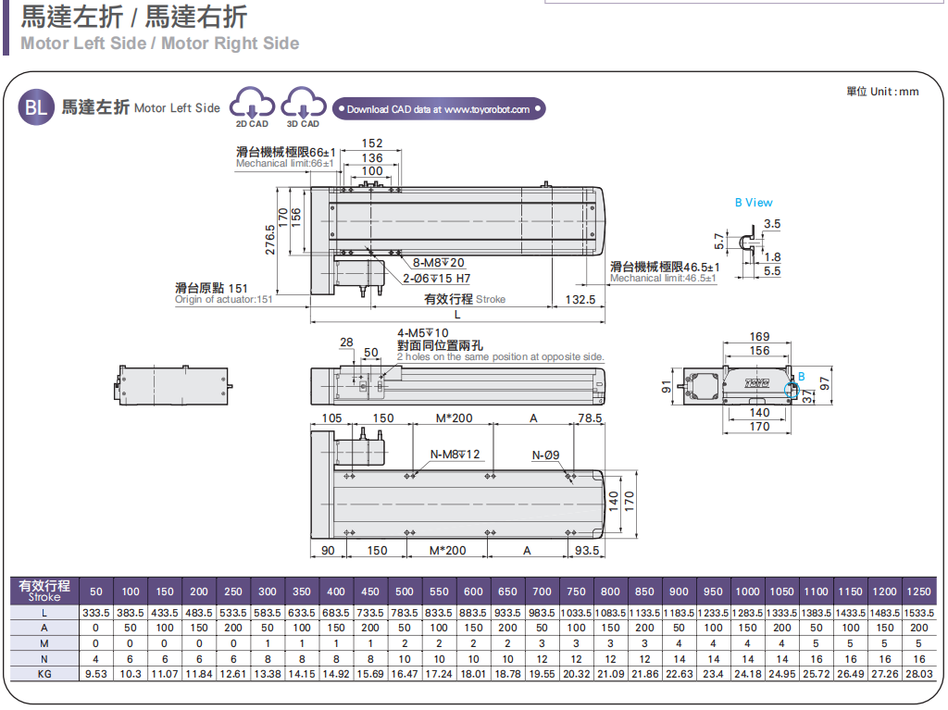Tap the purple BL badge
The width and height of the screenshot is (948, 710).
[x=35, y=108]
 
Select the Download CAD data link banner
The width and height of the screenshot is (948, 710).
[x=439, y=109]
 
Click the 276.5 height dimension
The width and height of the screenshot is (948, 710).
[x=271, y=237]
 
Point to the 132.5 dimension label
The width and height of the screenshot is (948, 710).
[x=580, y=300]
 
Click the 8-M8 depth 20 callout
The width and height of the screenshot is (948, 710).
[x=438, y=263]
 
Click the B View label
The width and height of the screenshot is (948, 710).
[x=754, y=203]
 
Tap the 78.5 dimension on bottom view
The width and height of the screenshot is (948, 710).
[x=590, y=418]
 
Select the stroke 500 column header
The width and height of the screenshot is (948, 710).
[x=405, y=592]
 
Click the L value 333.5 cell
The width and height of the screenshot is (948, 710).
[x=96, y=613]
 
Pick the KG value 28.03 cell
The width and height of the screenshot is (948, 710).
[x=918, y=674]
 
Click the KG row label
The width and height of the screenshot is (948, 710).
[x=44, y=674]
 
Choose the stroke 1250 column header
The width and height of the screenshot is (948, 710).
[x=918, y=592]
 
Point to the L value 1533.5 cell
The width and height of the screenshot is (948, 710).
[x=918, y=613]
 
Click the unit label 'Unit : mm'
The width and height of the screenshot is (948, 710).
[x=882, y=91]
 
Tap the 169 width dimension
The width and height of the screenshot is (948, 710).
[x=759, y=337]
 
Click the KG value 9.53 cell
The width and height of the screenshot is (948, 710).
[x=96, y=674]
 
